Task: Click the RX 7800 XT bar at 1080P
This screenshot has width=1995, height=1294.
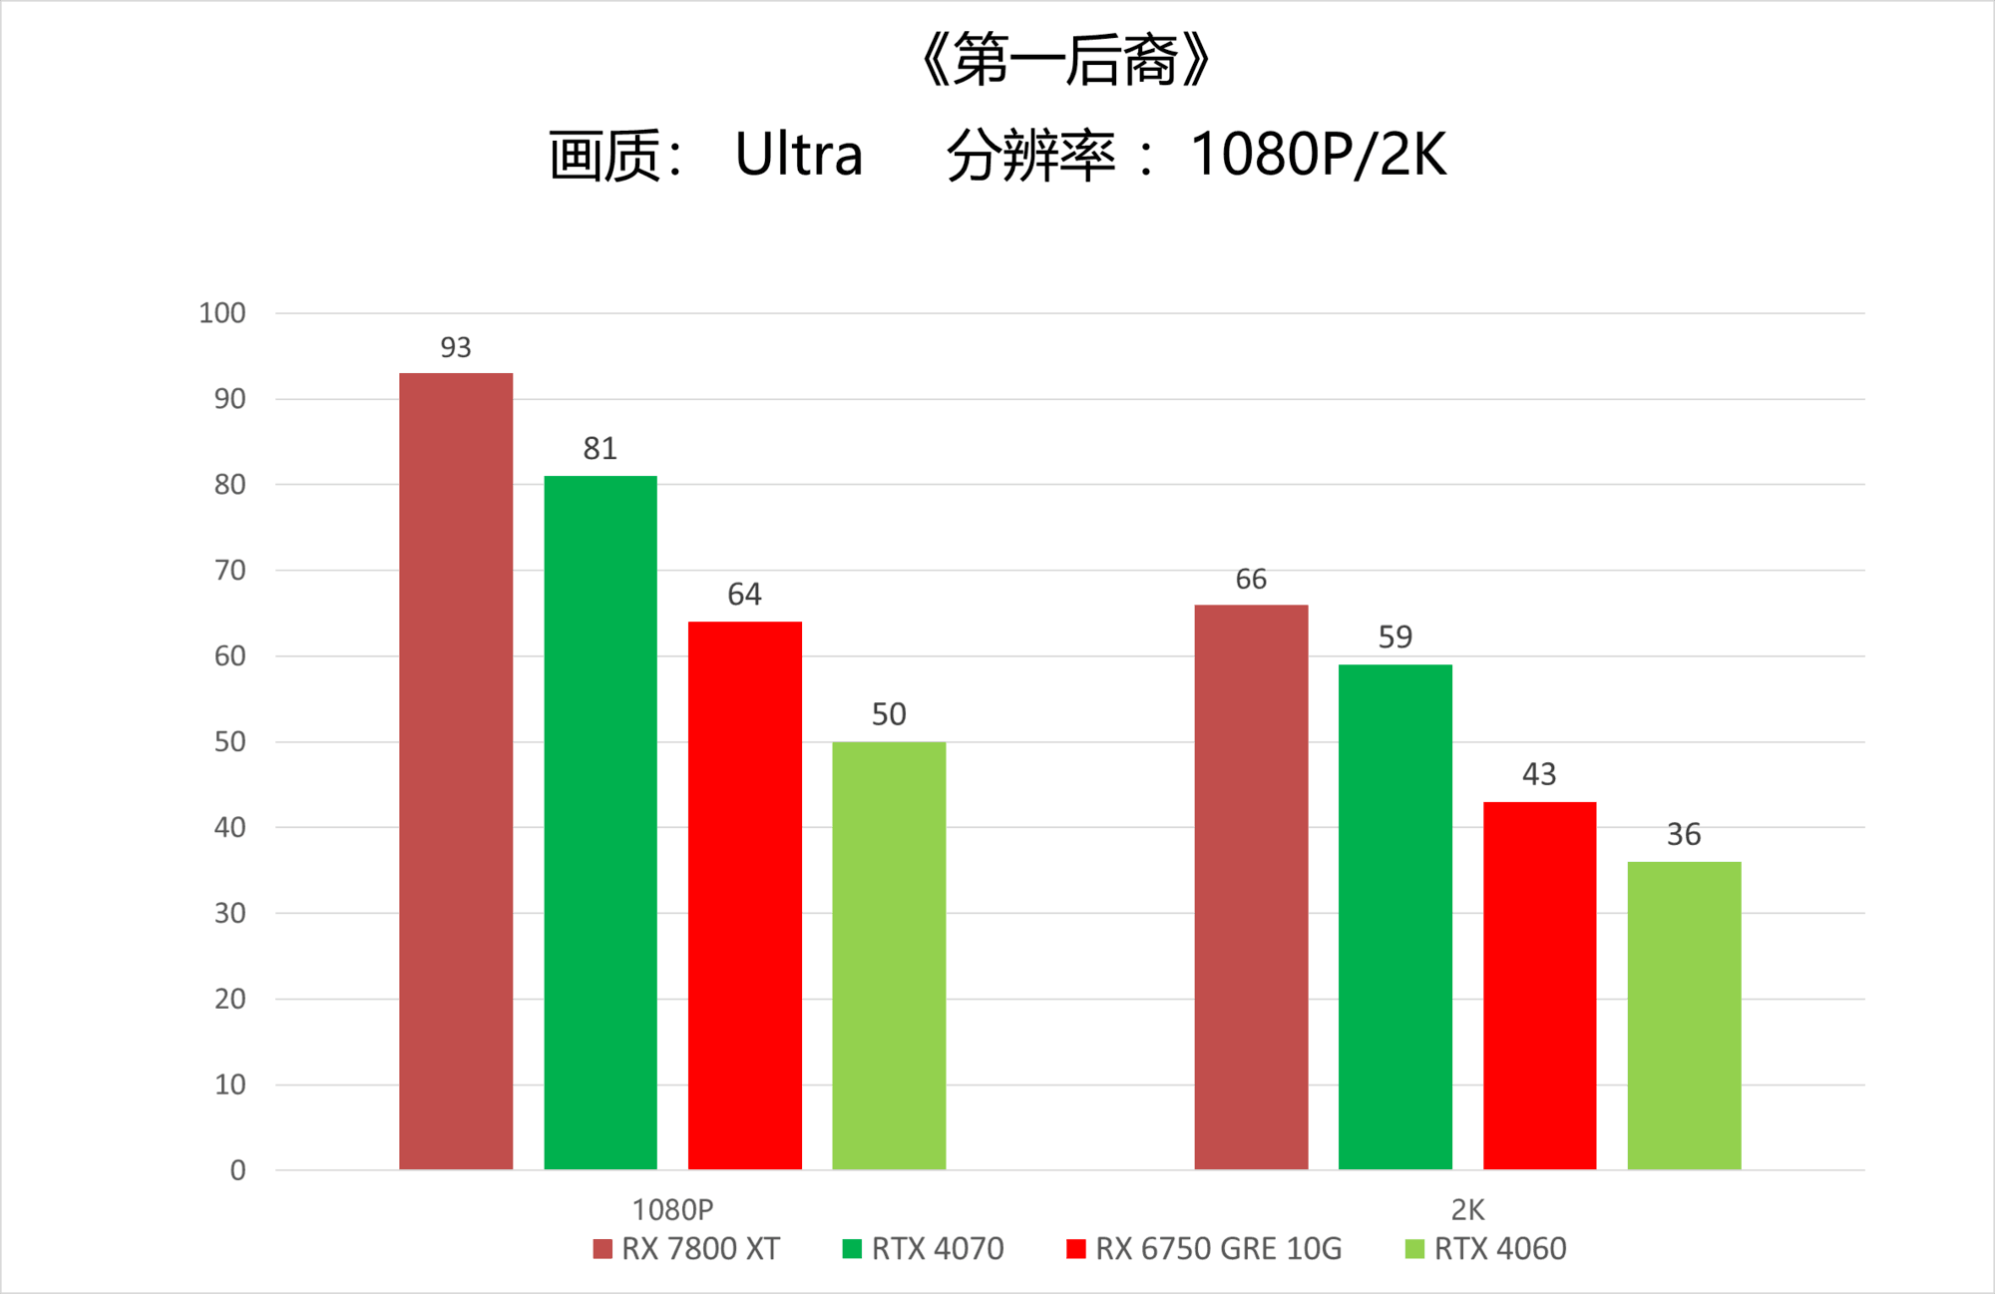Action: pyautogui.click(x=456, y=770)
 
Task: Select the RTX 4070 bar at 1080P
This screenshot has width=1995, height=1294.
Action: pyautogui.click(x=600, y=822)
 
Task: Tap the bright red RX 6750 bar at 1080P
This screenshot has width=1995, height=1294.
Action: pyautogui.click(x=745, y=895)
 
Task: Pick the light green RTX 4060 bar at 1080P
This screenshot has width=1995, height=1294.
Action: pyautogui.click(x=889, y=955)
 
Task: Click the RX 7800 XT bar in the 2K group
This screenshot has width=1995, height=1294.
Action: pyautogui.click(x=1251, y=886)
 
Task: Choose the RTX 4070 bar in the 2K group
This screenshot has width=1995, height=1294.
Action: pyautogui.click(x=1396, y=916)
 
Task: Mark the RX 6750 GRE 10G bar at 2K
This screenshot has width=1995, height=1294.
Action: pyautogui.click(x=1539, y=985)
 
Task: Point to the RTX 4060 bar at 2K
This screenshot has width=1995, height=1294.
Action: pyautogui.click(x=1684, y=1015)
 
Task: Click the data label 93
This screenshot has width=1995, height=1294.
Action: pyautogui.click(x=456, y=347)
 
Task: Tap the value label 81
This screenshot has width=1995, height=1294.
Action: pyautogui.click(x=600, y=449)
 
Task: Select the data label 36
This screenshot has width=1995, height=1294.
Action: pyautogui.click(x=1684, y=834)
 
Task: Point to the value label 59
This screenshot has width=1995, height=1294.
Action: pyautogui.click(x=1396, y=637)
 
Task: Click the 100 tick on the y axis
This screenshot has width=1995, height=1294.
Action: pyautogui.click(x=222, y=313)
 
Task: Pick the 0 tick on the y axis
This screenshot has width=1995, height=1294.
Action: pyautogui.click(x=237, y=1170)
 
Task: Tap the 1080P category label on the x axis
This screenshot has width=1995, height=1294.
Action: pyautogui.click(x=672, y=1209)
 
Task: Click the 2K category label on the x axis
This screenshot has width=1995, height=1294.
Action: pyautogui.click(x=1467, y=1209)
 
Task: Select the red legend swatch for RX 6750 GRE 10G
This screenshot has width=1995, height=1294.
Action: pyautogui.click(x=1075, y=1249)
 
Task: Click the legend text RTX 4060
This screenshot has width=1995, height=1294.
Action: pyautogui.click(x=1500, y=1249)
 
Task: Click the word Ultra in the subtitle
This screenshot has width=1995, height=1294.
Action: pyautogui.click(x=798, y=156)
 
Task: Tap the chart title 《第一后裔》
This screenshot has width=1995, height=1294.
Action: pyautogui.click(x=1064, y=60)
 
